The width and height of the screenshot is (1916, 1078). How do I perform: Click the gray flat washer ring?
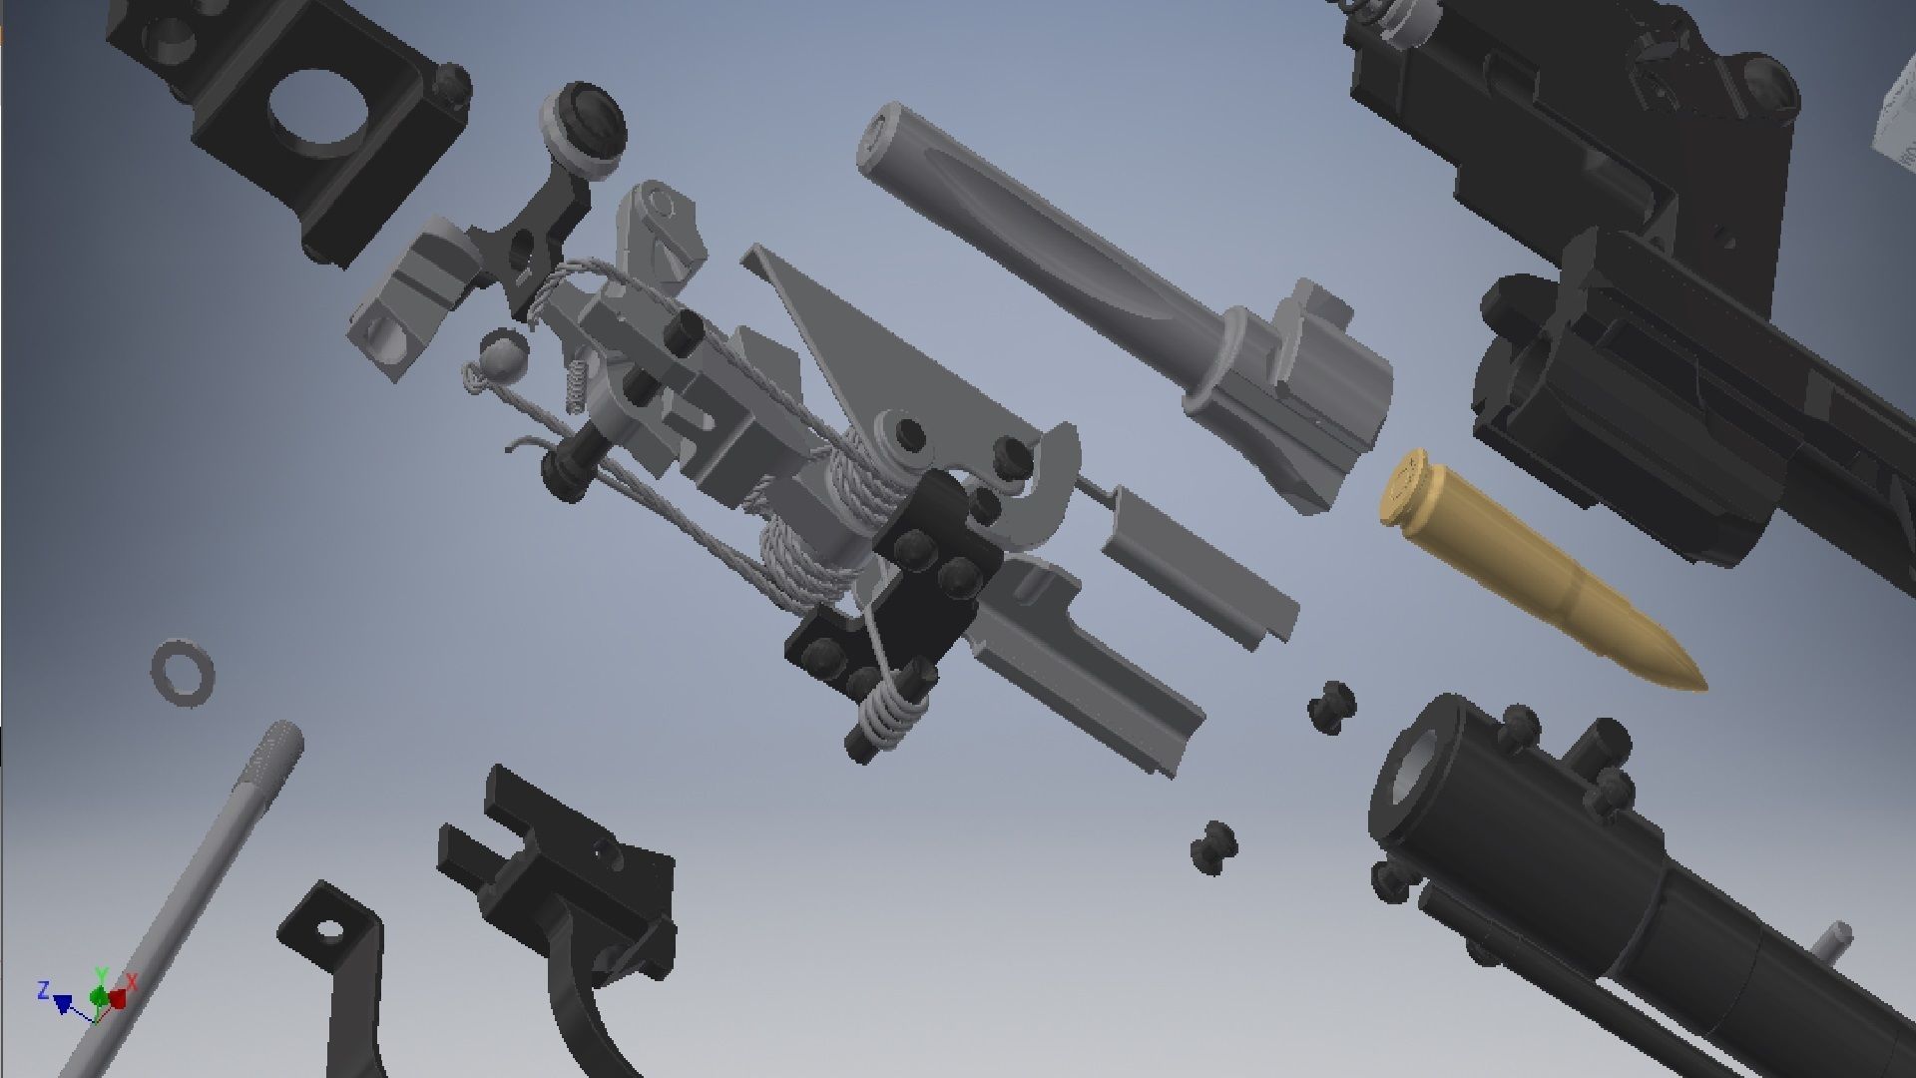click(x=183, y=674)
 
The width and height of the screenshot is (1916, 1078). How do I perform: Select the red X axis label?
click(x=132, y=982)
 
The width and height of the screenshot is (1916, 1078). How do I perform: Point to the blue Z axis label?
click(x=43, y=990)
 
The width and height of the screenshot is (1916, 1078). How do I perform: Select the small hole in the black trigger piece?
click(x=326, y=931)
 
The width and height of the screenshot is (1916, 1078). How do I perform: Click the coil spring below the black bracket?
click(x=887, y=710)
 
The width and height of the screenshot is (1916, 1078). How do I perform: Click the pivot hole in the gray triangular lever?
click(x=909, y=433)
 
